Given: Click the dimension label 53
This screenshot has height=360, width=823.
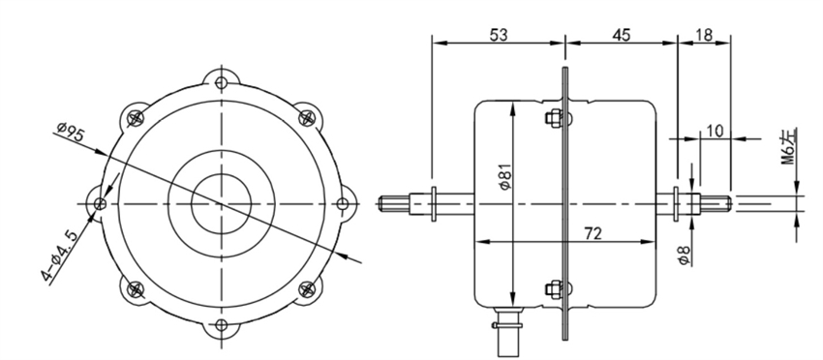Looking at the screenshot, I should [x=500, y=35].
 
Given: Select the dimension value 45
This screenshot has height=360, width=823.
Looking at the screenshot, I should [x=621, y=35].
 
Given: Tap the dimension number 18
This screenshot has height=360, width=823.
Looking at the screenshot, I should [x=705, y=35].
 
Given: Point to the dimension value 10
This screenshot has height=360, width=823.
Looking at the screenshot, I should [x=715, y=131].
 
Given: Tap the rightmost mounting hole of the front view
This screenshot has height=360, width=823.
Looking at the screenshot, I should [x=340, y=203].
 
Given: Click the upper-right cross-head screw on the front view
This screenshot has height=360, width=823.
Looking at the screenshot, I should [x=306, y=118].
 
